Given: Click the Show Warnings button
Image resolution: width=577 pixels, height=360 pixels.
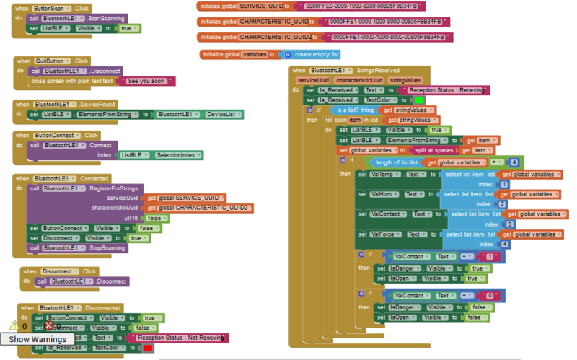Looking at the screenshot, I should pyautogui.click(x=38, y=339).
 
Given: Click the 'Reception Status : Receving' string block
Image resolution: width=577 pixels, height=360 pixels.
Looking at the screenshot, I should pyautogui.click(x=448, y=90).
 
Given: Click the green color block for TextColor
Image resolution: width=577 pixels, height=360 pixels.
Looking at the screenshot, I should pyautogui.click(x=418, y=100).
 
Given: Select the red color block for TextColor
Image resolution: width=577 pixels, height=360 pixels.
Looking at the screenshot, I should pyautogui.click(x=147, y=348).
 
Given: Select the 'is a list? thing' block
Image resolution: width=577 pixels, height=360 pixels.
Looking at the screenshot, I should pyautogui.click(x=353, y=110).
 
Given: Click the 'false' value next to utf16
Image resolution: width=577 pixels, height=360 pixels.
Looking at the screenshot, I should pyautogui.click(x=153, y=218).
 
